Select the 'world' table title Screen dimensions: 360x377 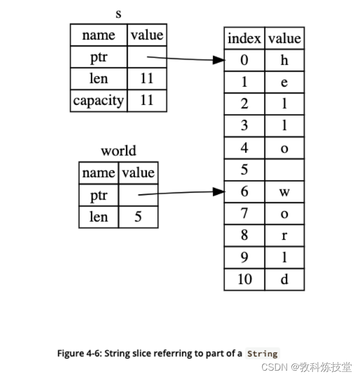tap(118, 151)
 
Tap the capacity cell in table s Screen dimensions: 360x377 tap(99, 100)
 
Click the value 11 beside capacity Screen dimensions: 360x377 tap(147, 100)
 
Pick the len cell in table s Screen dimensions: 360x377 tap(99, 79)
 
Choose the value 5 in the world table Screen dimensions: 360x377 tap(138, 217)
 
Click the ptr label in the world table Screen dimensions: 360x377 tap(99, 195)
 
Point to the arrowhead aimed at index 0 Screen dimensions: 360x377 tap(219, 60)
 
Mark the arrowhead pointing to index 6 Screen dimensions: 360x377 tap(219, 192)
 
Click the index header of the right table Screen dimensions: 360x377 tap(244, 39)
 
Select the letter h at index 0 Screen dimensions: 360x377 tap(285, 60)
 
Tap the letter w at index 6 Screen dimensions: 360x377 tap(285, 192)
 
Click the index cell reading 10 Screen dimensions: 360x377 tap(244, 279)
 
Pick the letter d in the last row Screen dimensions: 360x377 tap(285, 279)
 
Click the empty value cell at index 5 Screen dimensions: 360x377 tap(285, 169)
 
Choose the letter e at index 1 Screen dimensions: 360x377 tap(285, 82)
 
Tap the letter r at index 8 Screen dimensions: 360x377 tap(285, 235)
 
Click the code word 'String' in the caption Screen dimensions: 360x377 tap(262, 354)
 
